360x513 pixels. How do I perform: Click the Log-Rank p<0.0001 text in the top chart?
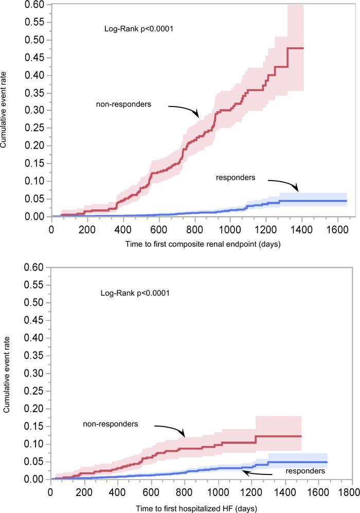click(138, 29)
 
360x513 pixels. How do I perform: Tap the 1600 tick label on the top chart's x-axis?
click(336, 227)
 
